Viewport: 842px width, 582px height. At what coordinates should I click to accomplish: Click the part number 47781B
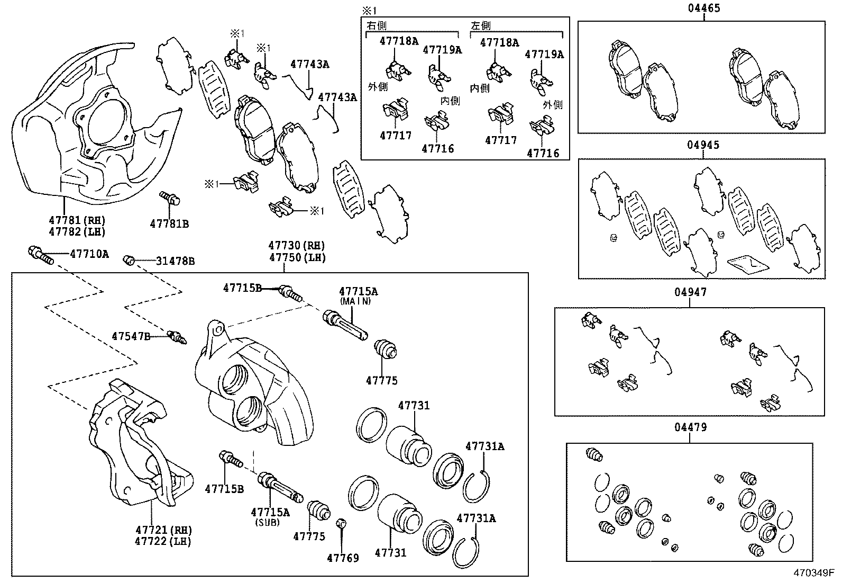pyautogui.click(x=169, y=223)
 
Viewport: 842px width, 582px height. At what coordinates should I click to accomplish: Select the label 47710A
pyautogui.click(x=89, y=254)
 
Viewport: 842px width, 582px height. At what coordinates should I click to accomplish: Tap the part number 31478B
pyautogui.click(x=175, y=261)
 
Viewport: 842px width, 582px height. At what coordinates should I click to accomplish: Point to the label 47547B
pyautogui.click(x=131, y=336)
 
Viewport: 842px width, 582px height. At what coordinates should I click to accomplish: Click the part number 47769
pyautogui.click(x=343, y=558)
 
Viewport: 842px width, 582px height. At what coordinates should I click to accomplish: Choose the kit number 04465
pyautogui.click(x=703, y=8)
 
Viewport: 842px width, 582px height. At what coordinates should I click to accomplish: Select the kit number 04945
pyautogui.click(x=703, y=145)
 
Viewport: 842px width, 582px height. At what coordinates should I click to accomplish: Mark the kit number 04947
pyautogui.click(x=690, y=292)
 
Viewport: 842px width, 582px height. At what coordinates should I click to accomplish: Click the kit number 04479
pyautogui.click(x=690, y=427)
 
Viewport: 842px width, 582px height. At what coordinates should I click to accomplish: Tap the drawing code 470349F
pyautogui.click(x=813, y=573)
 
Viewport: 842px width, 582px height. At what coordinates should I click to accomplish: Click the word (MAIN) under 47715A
pyautogui.click(x=355, y=301)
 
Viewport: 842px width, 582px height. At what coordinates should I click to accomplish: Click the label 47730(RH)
pyautogui.click(x=296, y=246)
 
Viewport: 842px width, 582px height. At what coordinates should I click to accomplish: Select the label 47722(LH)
pyautogui.click(x=163, y=541)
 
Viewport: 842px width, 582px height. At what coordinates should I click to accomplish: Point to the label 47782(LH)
pyautogui.click(x=77, y=231)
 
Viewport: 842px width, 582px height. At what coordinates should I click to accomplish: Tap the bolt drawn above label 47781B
pyautogui.click(x=170, y=199)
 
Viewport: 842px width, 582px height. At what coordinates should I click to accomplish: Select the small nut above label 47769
pyautogui.click(x=341, y=524)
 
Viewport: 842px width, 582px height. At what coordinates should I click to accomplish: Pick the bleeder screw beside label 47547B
pyautogui.click(x=176, y=337)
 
